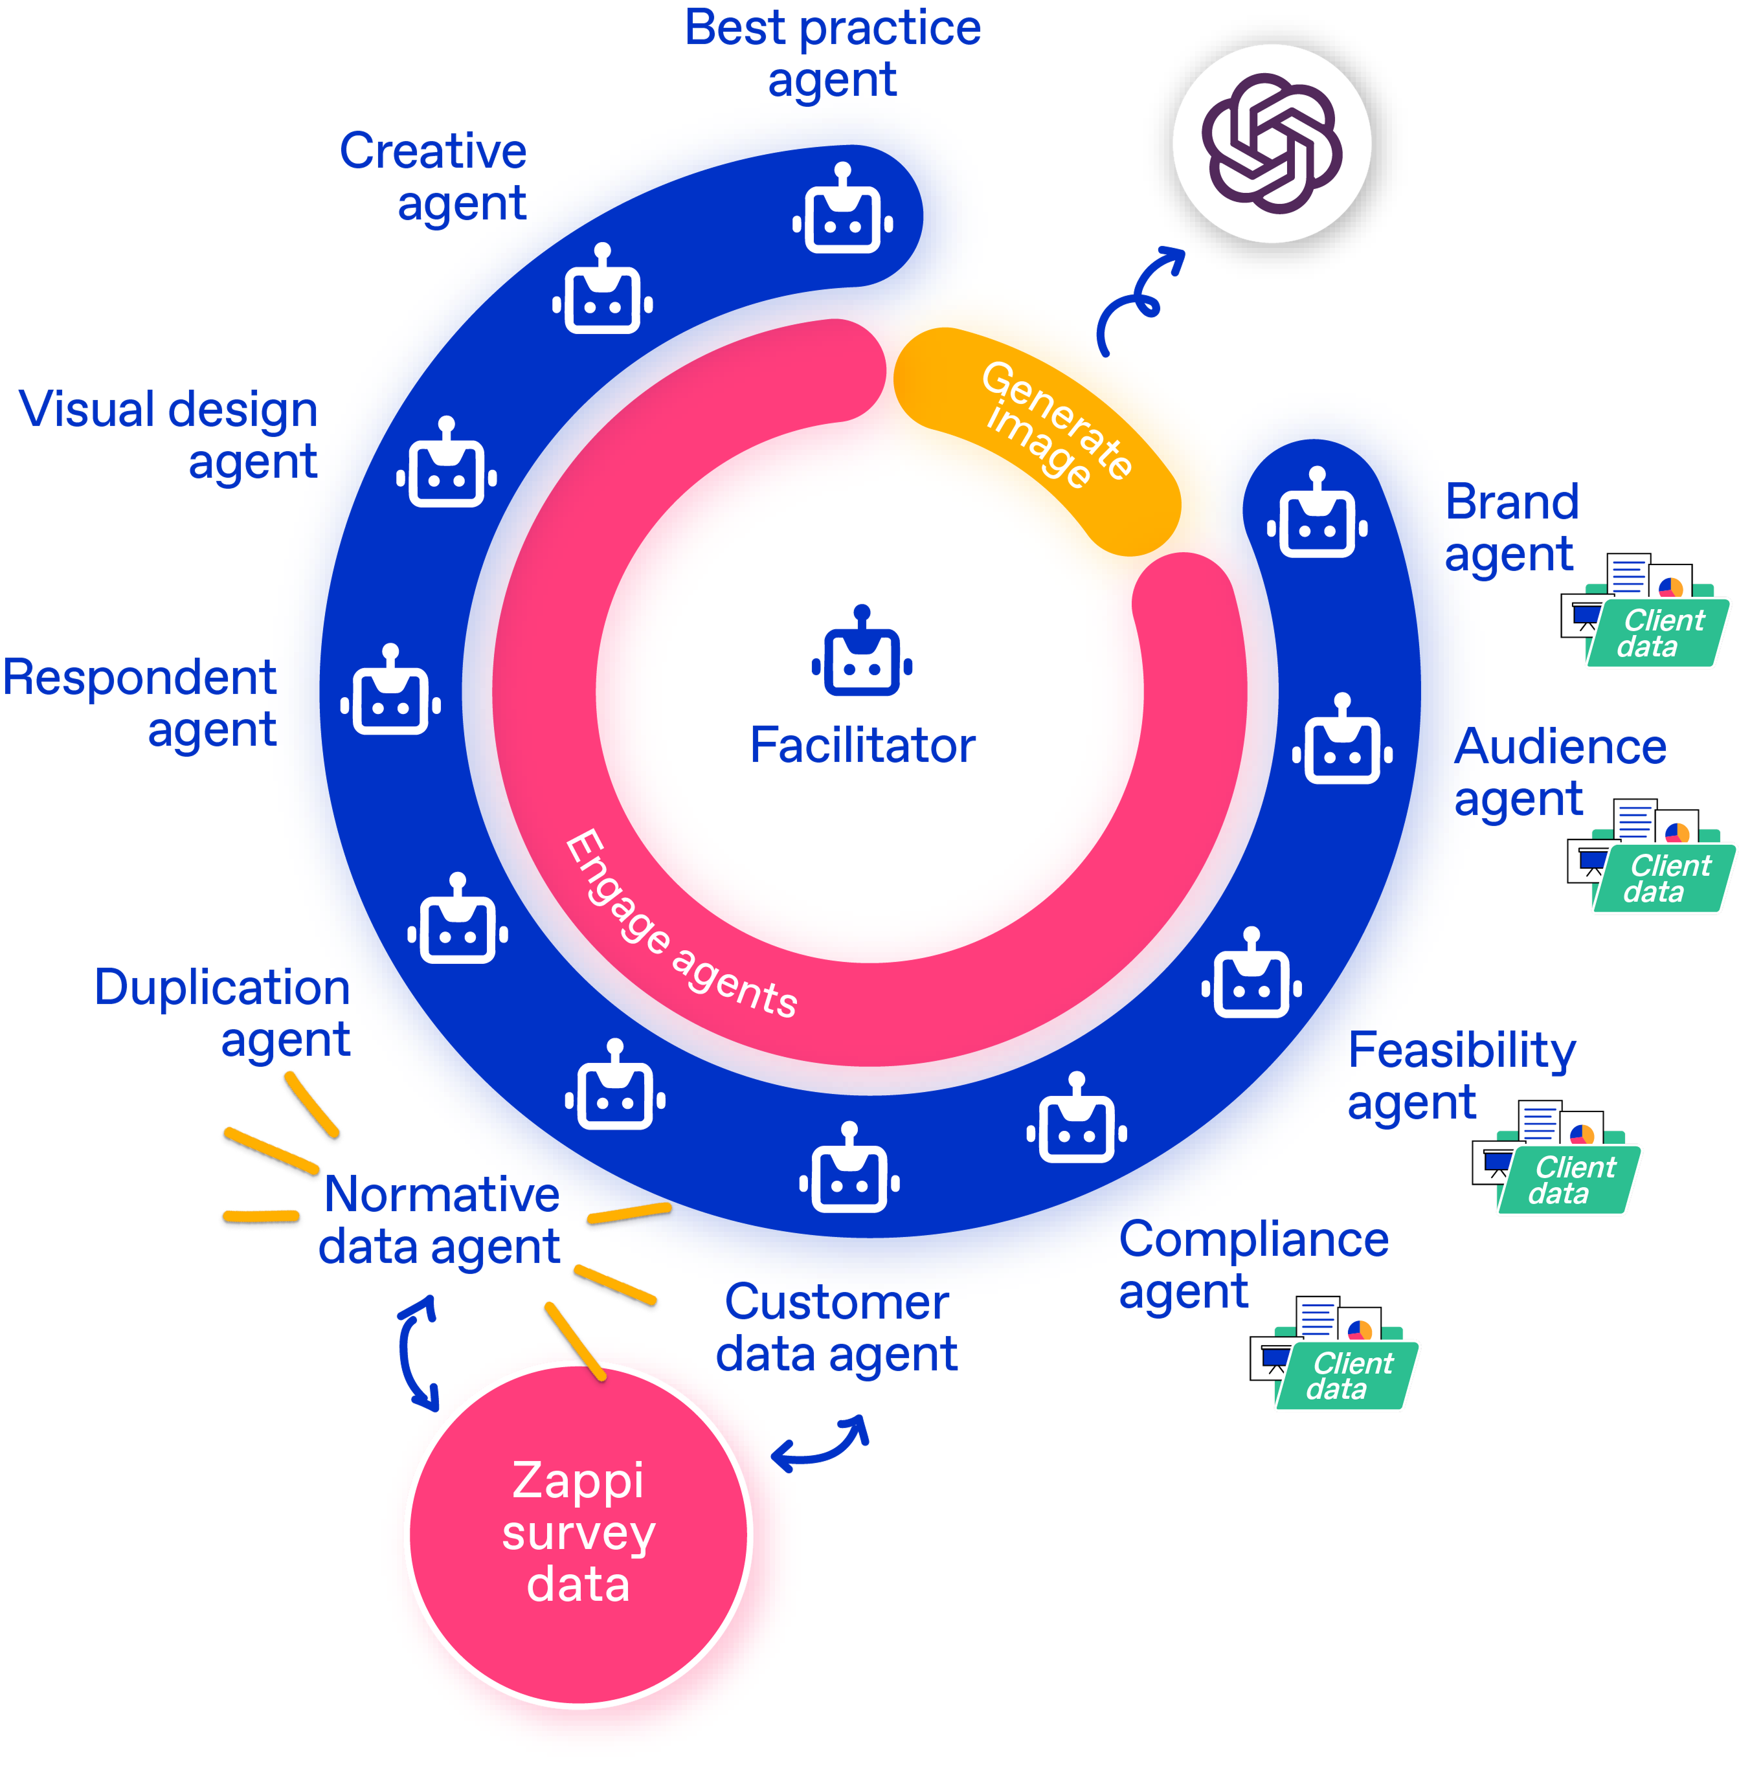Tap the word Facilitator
[x=862, y=745]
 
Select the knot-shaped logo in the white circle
[x=1272, y=143]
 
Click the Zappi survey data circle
[x=579, y=1533]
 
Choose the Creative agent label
[x=433, y=177]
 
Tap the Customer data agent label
[x=836, y=1328]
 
